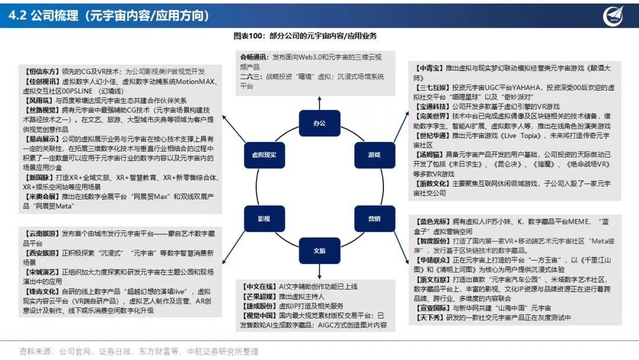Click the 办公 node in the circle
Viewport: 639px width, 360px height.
click(x=319, y=123)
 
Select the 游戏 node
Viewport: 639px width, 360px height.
click(x=374, y=155)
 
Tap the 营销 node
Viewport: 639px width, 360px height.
click(x=374, y=218)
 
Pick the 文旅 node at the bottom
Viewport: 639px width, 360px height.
click(x=319, y=250)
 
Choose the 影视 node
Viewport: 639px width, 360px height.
click(x=264, y=218)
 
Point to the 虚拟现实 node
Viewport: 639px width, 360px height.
click(x=264, y=155)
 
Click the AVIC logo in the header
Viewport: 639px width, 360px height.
click(x=613, y=15)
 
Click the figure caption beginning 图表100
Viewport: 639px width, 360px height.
click(x=305, y=36)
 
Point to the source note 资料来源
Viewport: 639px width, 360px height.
click(x=35, y=351)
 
